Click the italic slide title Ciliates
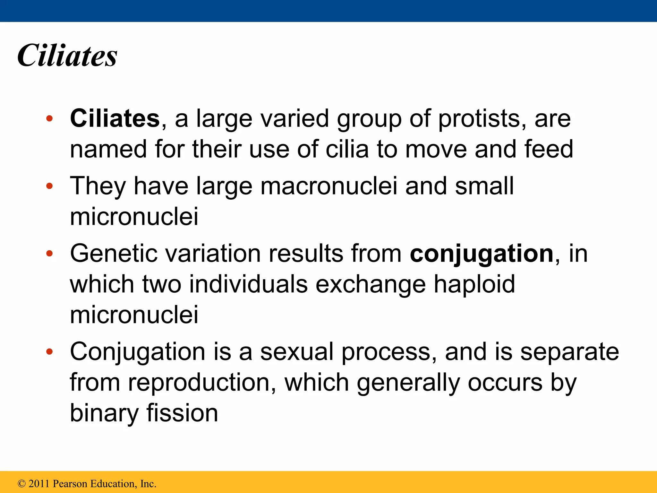67,56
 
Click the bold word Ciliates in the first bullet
115,118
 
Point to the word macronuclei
329,186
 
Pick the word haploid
474,284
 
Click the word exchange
371,284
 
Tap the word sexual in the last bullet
297,352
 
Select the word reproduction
201,383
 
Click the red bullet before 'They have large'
49,186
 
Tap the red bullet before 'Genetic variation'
49,254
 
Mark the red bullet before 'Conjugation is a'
49,352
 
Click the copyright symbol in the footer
21,484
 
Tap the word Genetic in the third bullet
114,254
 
